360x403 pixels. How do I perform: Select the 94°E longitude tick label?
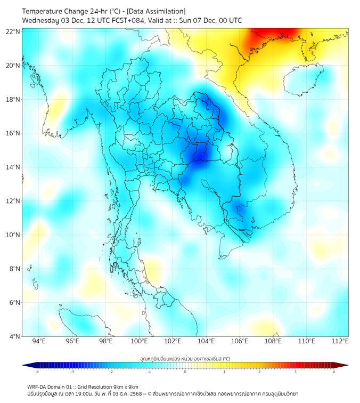point(39,341)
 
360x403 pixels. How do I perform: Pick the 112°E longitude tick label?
point(340,341)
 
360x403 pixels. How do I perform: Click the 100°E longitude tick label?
point(139,341)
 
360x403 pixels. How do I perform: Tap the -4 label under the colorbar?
point(37,372)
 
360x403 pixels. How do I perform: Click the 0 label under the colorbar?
point(185,372)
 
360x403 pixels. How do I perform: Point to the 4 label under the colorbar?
point(333,372)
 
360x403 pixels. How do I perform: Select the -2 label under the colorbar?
point(111,372)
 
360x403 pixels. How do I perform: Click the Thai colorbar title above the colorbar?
point(185,358)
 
